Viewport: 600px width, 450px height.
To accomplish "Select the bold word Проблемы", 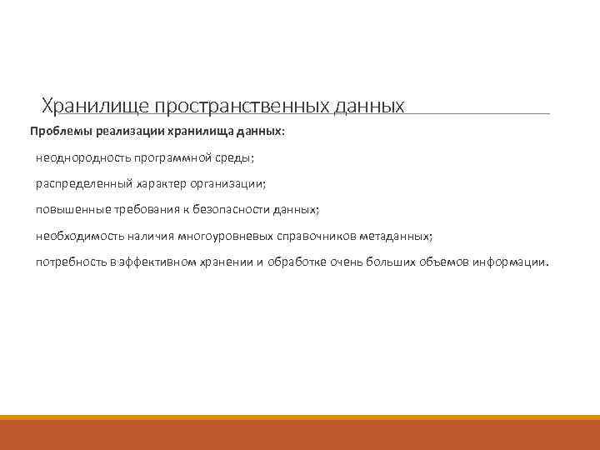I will coord(62,132).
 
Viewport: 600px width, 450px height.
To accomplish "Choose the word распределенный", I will coord(80,184).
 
